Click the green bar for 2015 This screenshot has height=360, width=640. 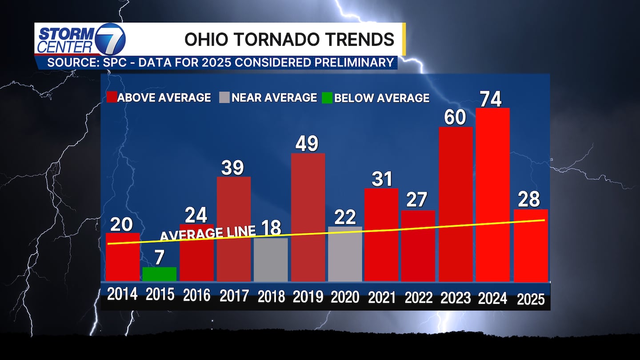160,274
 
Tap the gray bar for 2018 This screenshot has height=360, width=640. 271,260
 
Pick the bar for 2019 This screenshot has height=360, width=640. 308,217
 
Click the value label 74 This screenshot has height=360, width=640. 491,99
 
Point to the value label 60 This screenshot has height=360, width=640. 455,117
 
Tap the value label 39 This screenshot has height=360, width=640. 232,168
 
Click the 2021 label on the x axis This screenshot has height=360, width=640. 381,297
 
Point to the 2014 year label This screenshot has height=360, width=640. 122,295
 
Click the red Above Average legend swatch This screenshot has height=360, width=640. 111,97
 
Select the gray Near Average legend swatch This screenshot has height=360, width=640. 224,97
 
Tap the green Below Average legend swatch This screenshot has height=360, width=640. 327,97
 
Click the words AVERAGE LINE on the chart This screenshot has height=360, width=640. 208,233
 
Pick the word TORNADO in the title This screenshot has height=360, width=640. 278,40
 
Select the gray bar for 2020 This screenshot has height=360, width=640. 345,254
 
